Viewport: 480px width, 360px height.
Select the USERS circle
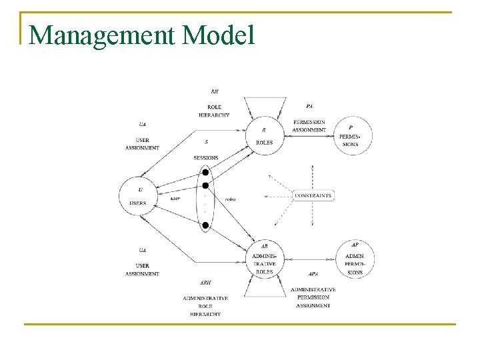click(x=138, y=196)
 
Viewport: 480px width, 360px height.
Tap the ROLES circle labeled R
click(x=264, y=135)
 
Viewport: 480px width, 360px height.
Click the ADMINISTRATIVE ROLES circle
click(x=264, y=259)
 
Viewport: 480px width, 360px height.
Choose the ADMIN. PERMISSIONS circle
click(x=355, y=259)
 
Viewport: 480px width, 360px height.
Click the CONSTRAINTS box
click(x=313, y=195)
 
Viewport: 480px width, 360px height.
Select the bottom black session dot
click(x=205, y=225)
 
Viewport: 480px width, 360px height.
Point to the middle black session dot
click(x=205, y=185)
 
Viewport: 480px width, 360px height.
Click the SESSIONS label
click(x=206, y=158)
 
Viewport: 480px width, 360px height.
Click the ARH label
click(x=205, y=283)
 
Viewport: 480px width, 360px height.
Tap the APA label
click(x=313, y=274)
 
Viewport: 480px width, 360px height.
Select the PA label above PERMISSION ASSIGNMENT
click(x=309, y=106)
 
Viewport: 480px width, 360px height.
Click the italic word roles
click(x=231, y=199)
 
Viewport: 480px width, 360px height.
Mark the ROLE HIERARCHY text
click(x=214, y=111)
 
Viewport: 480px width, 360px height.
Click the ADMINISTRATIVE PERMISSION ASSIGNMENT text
click(x=313, y=297)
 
